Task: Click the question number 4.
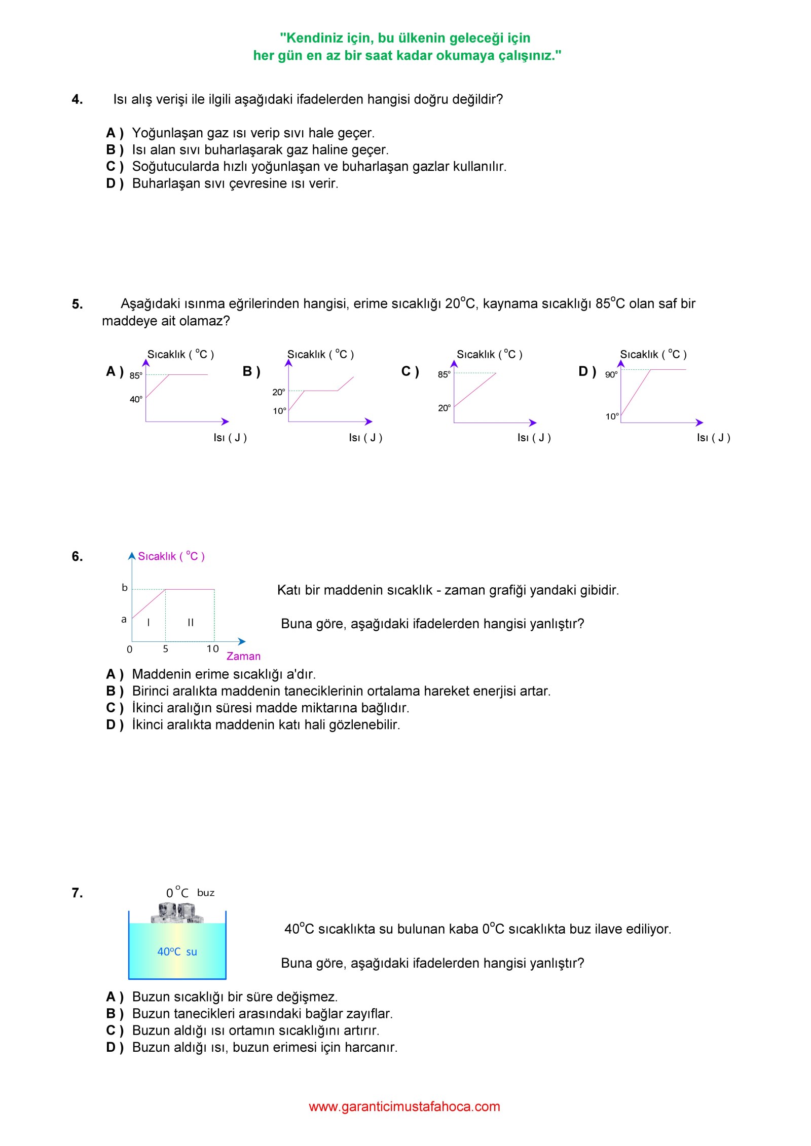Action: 77,99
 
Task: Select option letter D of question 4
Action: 114,183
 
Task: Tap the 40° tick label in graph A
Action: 136,399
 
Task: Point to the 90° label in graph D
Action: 611,375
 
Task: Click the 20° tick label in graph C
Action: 444,408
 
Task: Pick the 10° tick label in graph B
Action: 279,411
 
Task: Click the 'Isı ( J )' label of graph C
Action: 534,438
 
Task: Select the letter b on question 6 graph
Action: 125,588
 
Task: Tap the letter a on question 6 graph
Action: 124,619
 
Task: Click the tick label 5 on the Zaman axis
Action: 166,649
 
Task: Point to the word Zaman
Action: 243,656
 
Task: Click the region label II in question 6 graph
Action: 191,623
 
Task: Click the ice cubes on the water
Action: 177,913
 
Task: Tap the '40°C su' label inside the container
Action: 177,952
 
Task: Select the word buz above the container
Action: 206,893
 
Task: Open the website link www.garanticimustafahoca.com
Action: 404,1106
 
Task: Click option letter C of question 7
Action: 114,1030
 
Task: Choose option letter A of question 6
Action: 114,674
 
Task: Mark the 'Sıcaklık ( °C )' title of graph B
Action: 320,354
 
